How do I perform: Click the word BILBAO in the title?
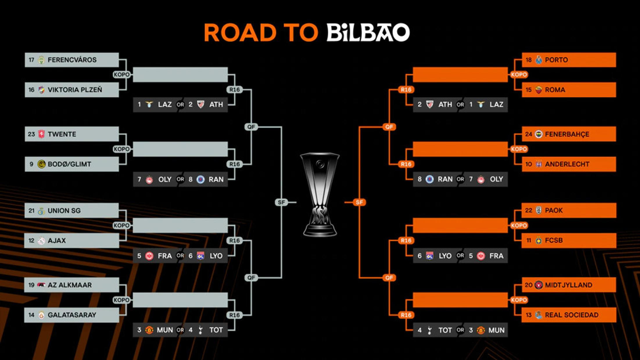[x=368, y=32]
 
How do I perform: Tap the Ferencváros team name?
[x=72, y=60]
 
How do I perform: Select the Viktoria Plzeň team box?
[x=72, y=90]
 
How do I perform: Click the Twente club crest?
[x=42, y=134]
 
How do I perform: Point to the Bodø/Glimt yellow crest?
[x=42, y=164]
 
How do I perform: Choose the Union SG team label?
[x=64, y=210]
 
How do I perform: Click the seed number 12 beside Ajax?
[x=31, y=240]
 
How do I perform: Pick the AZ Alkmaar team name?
[x=70, y=285]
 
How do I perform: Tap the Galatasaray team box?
[x=72, y=315]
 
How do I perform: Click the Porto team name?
[x=556, y=60]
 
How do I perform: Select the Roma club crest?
[x=539, y=90]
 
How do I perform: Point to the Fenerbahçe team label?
[x=567, y=134]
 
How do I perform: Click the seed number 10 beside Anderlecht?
[x=528, y=164]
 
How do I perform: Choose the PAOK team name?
[x=554, y=210]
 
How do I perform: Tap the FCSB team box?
[x=569, y=240]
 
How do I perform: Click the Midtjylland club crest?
[x=539, y=285]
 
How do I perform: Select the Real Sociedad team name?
[x=572, y=315]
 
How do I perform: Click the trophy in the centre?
[x=320, y=195]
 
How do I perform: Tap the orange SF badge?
[x=359, y=202]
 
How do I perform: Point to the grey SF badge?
[x=281, y=202]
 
